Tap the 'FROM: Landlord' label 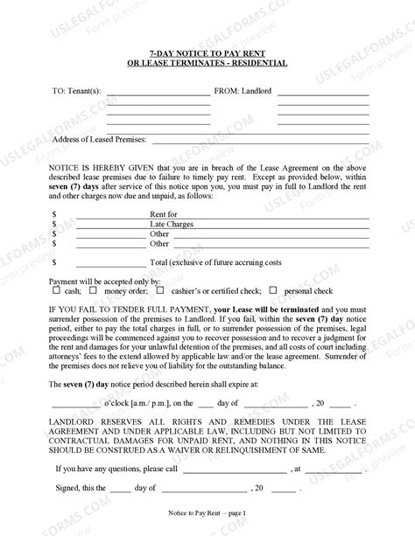click(x=247, y=89)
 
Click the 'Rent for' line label click(x=164, y=213)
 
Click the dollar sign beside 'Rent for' click(x=54, y=213)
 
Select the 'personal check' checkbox click(x=273, y=289)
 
